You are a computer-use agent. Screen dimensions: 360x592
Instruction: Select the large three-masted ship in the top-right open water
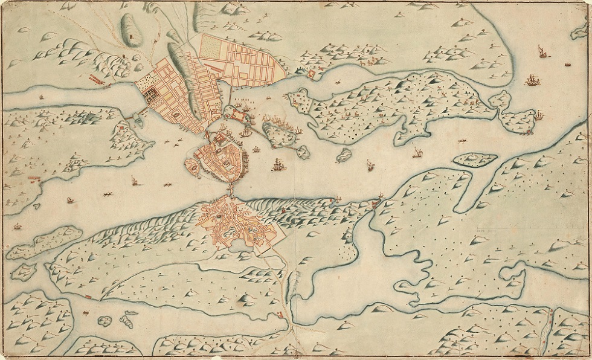[x=532, y=80]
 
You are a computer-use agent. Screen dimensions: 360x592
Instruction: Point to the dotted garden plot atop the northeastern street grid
[x=211, y=45]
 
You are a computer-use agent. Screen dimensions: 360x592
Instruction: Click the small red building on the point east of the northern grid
[x=312, y=74]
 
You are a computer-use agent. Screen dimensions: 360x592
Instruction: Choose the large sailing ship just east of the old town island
[x=277, y=164]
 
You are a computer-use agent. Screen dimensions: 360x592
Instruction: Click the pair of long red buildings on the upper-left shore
[x=96, y=79]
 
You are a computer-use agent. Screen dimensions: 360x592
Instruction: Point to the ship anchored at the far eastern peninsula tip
[x=539, y=115]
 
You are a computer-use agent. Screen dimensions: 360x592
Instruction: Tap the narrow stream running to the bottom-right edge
[x=549, y=329]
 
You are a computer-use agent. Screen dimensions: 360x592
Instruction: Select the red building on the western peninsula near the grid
[x=123, y=127]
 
